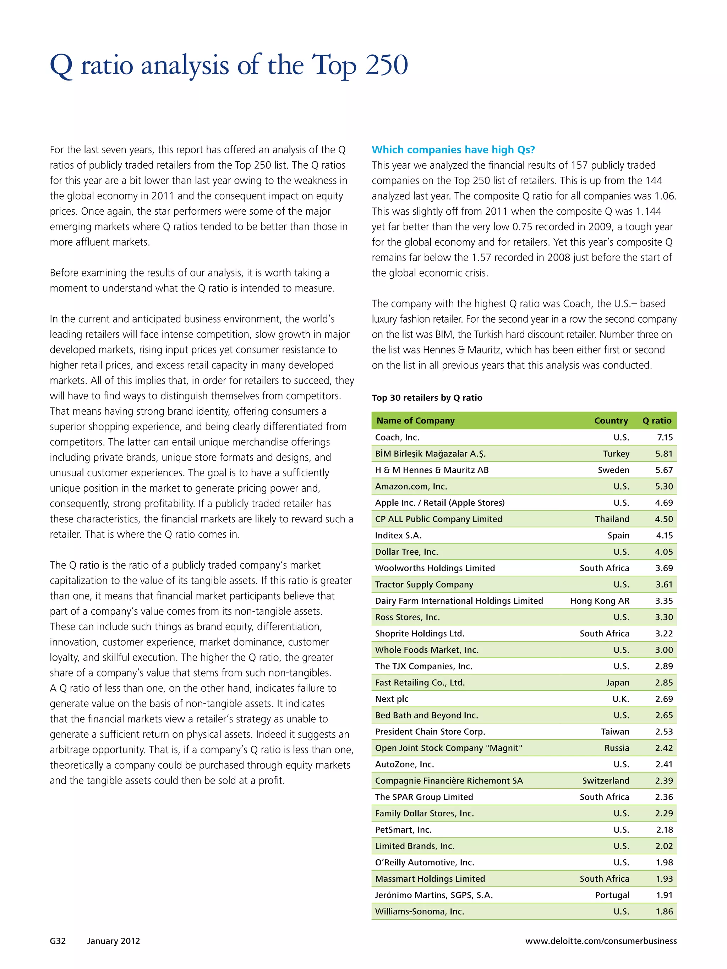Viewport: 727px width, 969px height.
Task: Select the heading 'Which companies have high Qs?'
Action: (x=453, y=150)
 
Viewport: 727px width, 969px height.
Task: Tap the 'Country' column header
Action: (x=611, y=421)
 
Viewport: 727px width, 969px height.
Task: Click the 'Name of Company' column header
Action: (x=415, y=421)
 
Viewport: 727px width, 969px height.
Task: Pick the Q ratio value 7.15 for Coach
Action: (x=664, y=437)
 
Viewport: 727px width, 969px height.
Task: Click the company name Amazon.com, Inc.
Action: (x=411, y=486)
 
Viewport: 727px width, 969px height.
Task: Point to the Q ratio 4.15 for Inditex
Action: (x=664, y=535)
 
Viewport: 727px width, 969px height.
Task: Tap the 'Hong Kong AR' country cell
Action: (x=600, y=601)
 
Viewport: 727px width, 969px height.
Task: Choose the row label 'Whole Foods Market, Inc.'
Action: (x=426, y=650)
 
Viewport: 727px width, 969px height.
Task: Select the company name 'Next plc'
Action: (x=391, y=699)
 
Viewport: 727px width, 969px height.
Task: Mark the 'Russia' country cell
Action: (x=617, y=748)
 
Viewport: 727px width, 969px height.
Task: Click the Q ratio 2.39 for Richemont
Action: (x=664, y=781)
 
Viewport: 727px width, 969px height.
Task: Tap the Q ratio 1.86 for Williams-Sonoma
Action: (x=664, y=911)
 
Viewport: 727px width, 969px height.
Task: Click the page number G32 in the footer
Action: (x=58, y=941)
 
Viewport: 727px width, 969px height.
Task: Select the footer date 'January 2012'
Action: (x=114, y=941)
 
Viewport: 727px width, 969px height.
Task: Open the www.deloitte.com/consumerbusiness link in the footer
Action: (x=601, y=941)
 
